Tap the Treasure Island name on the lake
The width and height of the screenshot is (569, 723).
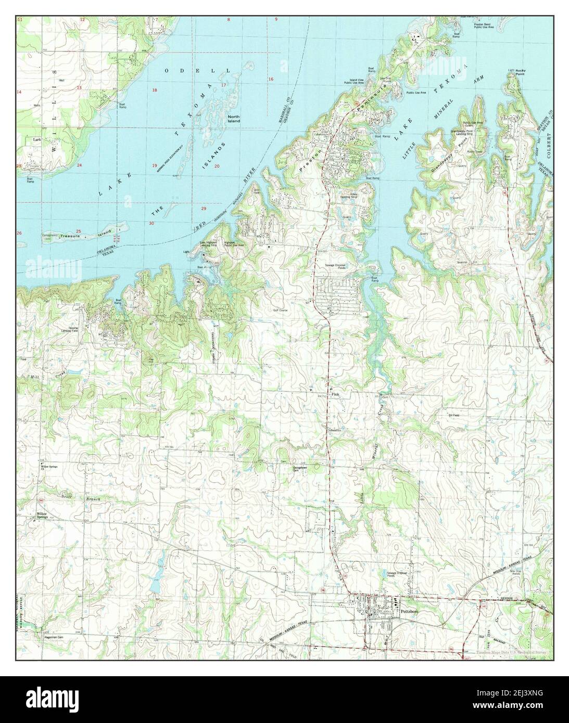pos(83,236)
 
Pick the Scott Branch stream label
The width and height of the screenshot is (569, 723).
pos(78,498)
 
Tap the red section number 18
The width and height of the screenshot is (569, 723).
pos(154,91)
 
